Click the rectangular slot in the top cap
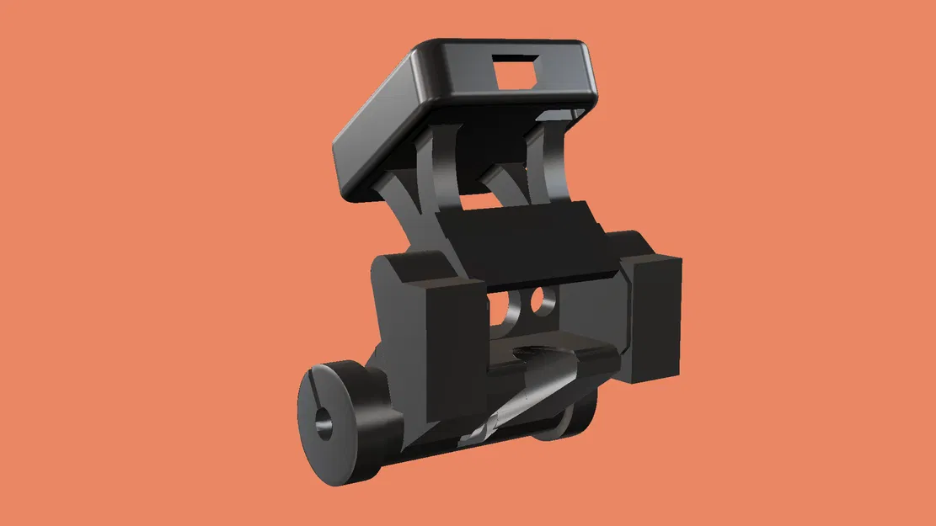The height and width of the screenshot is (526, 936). click(518, 69)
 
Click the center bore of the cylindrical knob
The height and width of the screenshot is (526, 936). click(324, 424)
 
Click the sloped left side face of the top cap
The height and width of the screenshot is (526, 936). click(375, 126)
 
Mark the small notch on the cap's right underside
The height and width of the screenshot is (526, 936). click(556, 113)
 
